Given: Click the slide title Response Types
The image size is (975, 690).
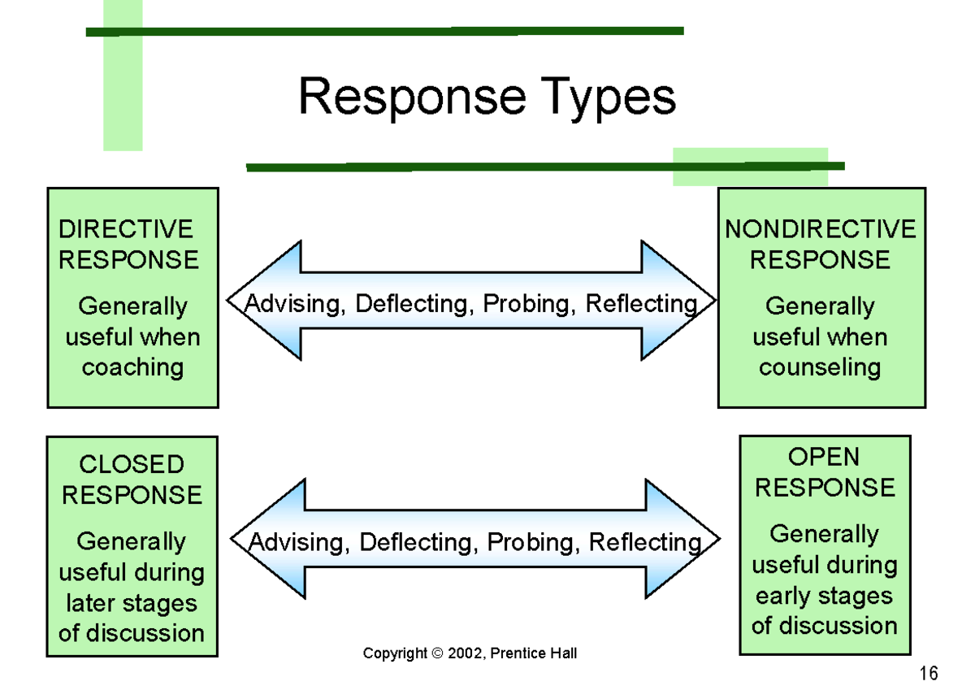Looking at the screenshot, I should pyautogui.click(x=487, y=98).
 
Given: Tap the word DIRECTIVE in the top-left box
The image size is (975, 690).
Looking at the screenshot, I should pyautogui.click(x=126, y=229).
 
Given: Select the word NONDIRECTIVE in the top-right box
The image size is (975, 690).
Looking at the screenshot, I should pyautogui.click(x=820, y=229).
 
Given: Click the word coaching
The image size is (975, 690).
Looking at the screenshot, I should pyautogui.click(x=132, y=367).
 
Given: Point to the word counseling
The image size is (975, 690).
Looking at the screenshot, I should pyautogui.click(x=820, y=367).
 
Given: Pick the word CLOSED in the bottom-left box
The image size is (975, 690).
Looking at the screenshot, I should pyautogui.click(x=132, y=465).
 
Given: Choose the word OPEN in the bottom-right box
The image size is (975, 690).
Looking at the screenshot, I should pyautogui.click(x=824, y=457).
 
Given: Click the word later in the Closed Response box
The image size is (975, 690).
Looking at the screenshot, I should pyautogui.click(x=92, y=603).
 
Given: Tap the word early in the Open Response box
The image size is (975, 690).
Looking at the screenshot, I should pyautogui.click(x=784, y=596).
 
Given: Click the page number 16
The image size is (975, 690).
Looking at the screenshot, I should pyautogui.click(x=929, y=673).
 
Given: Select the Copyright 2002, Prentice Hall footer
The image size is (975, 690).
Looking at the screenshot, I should pyautogui.click(x=470, y=653).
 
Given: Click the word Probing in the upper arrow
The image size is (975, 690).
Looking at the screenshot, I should pyautogui.click(x=531, y=304).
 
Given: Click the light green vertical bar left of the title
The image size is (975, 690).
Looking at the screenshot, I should pyautogui.click(x=123, y=81).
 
